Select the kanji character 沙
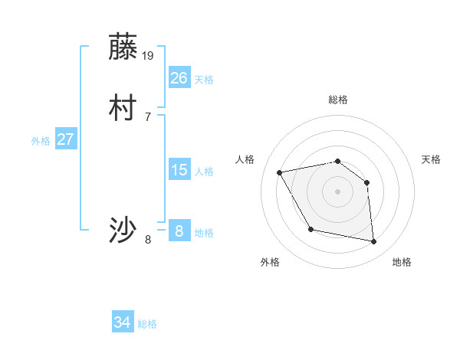point(123,230)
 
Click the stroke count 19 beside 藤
point(149,55)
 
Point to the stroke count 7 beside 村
point(148,116)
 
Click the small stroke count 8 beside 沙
point(148,240)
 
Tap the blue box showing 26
point(179,77)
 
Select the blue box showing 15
point(179,170)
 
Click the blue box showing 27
point(65,139)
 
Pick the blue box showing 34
point(123,322)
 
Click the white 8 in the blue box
point(179,231)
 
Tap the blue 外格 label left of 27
point(41,141)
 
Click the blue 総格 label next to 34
point(147,324)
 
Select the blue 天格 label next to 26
point(204,79)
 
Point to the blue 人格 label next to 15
point(204,172)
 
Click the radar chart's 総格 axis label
point(338,100)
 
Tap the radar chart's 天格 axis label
point(431,159)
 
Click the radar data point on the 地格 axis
point(374,242)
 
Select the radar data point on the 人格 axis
point(280,172)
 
